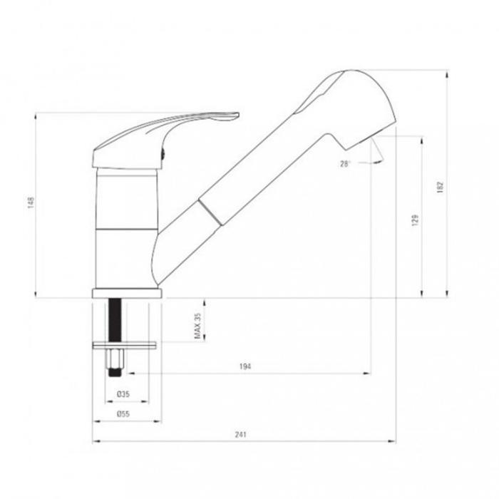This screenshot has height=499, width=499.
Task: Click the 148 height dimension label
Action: point(31,203)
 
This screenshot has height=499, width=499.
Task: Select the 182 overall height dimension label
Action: point(440,187)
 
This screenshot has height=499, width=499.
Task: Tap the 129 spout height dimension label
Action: point(415,220)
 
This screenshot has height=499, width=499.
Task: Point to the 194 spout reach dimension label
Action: point(245,366)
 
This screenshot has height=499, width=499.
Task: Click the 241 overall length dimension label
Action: point(241,434)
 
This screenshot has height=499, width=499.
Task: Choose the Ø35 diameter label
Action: point(123,394)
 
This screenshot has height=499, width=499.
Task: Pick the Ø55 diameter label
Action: point(123,414)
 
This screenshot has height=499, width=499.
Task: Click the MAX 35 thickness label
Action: point(197,326)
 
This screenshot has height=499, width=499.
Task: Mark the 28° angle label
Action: point(345,164)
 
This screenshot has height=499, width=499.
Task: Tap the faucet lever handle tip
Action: point(238,113)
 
